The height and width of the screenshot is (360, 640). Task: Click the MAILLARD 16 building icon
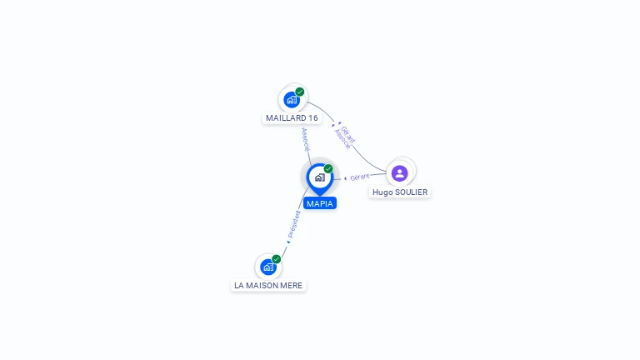pos(292,100)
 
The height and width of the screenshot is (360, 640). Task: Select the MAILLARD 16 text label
pos(292,118)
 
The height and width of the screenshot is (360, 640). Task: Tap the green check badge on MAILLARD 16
pos(300,92)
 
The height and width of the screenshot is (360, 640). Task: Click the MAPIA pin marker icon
pos(319,177)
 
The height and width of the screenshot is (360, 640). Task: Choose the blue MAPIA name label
pos(320,203)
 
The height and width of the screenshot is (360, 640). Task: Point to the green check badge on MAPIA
pos(328,168)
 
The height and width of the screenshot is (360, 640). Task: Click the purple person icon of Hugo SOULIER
pos(399,173)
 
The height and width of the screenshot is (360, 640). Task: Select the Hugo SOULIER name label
pos(400,192)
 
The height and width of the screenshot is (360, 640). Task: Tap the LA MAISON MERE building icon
pos(267,267)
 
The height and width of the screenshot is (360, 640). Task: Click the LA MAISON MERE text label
pos(268,286)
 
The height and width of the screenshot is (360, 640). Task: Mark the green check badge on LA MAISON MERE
pos(277,258)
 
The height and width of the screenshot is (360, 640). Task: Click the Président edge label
pos(294,223)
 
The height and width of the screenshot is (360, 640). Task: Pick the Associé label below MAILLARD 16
pos(306,138)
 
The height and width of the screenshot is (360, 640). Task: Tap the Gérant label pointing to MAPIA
pos(360,177)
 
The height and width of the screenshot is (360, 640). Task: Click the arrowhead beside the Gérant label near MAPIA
pos(345,177)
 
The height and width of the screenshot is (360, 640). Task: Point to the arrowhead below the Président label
pos(288,242)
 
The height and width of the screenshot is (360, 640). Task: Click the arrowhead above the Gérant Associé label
pos(333,124)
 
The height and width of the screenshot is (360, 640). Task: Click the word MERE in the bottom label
pos(292,286)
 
